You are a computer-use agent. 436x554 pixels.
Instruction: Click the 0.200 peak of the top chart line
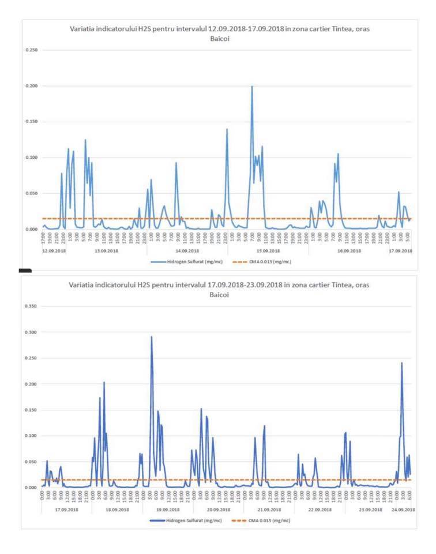pos(252,87)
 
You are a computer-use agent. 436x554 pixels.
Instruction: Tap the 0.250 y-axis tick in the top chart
pos(30,50)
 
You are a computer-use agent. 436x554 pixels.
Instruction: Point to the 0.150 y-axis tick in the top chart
pos(30,122)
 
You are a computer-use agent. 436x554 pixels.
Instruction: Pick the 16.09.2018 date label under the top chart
pos(349,251)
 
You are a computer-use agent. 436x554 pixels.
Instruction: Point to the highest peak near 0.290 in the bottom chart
pos(152,336)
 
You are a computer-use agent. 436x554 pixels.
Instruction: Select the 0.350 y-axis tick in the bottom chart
pos(30,306)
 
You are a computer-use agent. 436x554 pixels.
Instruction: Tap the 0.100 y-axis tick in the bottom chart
pos(30,436)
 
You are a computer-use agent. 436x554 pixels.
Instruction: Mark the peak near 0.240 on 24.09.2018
pos(402,363)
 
